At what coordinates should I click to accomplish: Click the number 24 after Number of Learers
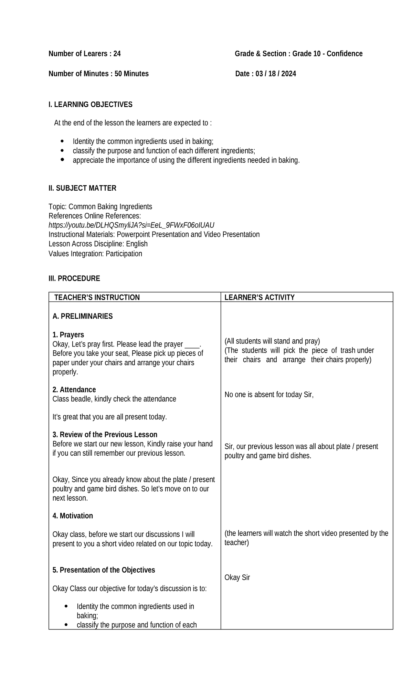coord(117,54)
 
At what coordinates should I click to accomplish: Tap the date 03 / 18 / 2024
coord(276,74)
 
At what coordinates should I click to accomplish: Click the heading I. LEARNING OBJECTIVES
coord(91,105)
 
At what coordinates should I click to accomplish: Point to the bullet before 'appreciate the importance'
coord(62,160)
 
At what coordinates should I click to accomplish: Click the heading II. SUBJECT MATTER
coord(83,188)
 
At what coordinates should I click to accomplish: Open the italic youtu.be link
coord(131,225)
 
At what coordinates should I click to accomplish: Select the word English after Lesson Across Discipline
coord(137,244)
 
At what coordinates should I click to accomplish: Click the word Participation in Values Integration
coord(124,254)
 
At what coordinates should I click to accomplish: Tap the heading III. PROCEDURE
coord(74,278)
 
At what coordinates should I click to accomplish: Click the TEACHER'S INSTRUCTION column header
coord(97,297)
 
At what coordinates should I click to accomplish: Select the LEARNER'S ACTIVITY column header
coord(260,297)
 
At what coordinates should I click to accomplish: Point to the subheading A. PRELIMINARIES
coord(83,316)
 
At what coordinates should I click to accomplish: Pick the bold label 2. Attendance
coord(74,390)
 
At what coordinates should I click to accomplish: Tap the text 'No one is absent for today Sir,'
coord(269,395)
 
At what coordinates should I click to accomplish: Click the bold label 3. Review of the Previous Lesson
coord(105,435)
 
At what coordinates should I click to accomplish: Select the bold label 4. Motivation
coord(73,516)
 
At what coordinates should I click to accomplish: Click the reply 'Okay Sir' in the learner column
coord(237,577)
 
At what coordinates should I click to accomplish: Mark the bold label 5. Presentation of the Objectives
coord(104,570)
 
